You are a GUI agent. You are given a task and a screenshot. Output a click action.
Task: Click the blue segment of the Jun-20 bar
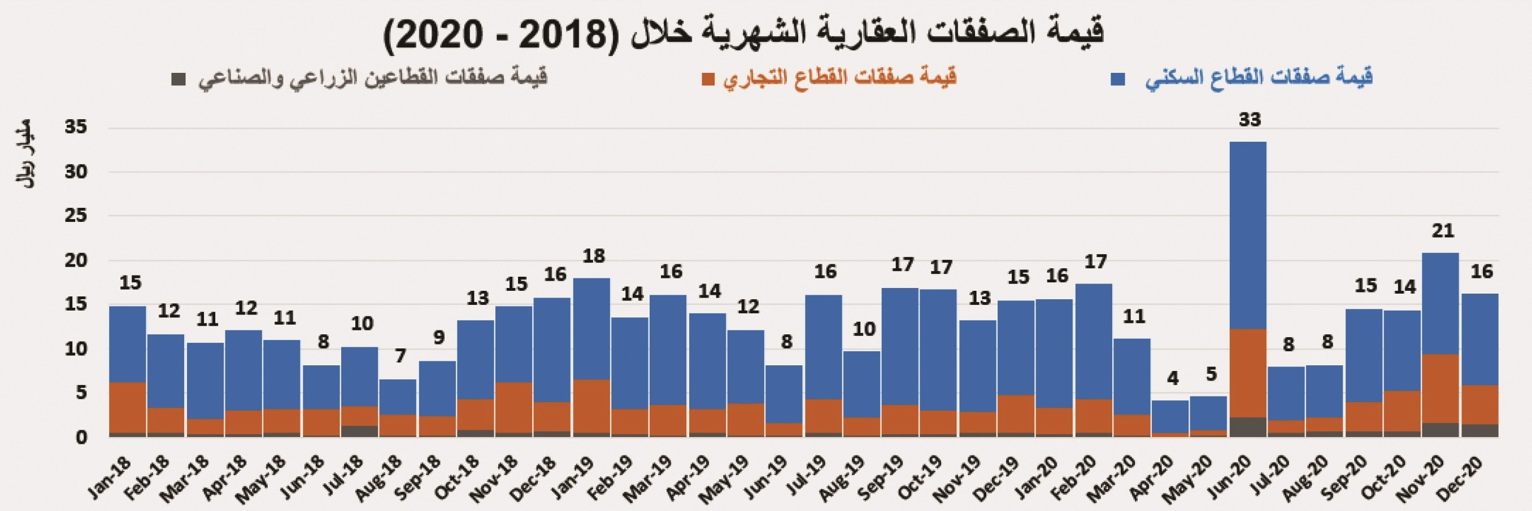coord(1248,235)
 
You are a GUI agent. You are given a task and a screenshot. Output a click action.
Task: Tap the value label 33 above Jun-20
coord(1250,120)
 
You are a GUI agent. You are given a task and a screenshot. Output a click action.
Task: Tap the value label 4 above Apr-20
coord(1172,378)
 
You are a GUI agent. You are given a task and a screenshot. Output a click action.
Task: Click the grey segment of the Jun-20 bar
coord(1248,427)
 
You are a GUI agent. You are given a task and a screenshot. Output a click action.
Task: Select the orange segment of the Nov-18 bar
coord(514,407)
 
